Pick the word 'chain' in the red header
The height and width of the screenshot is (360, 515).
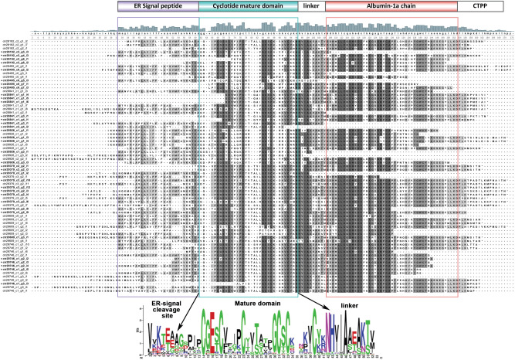[418, 5]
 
